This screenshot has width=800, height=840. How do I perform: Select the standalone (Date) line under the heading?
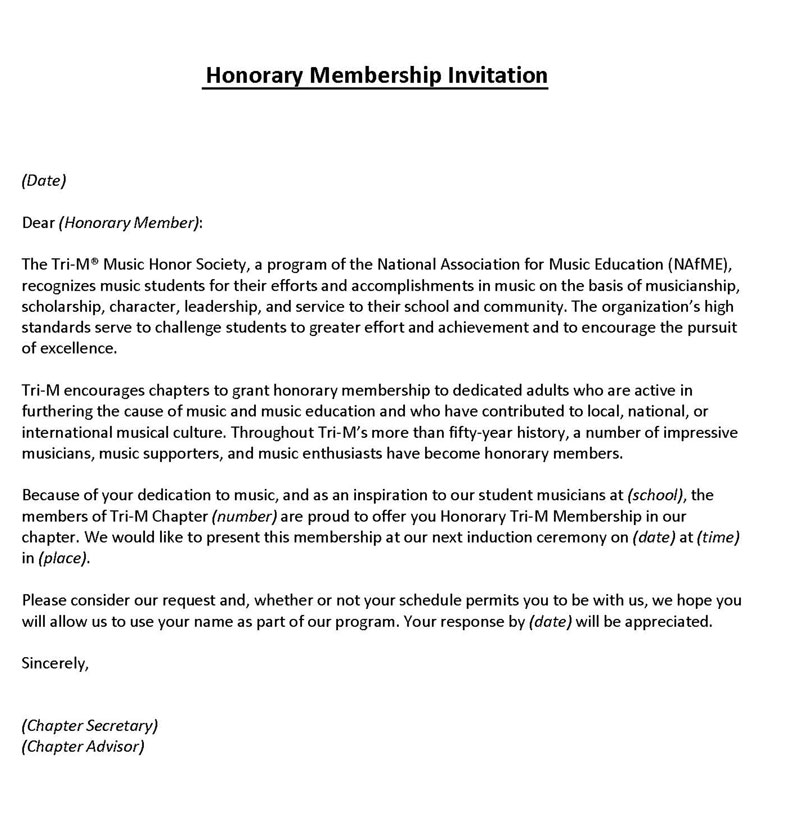[x=43, y=181]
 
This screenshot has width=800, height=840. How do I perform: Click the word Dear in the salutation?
[x=38, y=222]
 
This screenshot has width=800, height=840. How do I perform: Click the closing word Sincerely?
[x=55, y=662]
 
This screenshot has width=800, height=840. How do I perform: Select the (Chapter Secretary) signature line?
[x=89, y=725]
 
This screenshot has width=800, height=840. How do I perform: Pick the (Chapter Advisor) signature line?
[x=83, y=746]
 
